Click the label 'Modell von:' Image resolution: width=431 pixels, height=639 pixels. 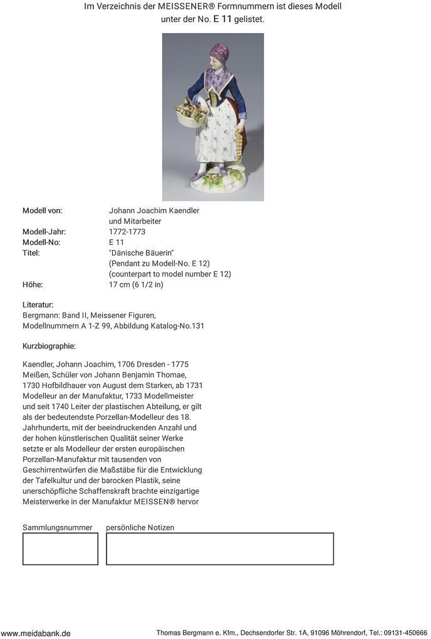(x=42, y=210)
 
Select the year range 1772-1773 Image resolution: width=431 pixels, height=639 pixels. (x=127, y=232)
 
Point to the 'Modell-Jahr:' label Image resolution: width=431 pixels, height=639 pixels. (x=44, y=232)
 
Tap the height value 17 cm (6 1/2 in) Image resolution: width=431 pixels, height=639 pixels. (x=136, y=284)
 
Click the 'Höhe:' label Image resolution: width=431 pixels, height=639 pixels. (x=33, y=284)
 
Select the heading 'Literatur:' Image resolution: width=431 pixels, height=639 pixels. (x=38, y=304)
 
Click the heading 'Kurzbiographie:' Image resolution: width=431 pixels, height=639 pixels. (x=49, y=346)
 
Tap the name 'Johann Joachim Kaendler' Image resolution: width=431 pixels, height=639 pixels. (x=154, y=210)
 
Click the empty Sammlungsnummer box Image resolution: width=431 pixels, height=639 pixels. (x=60, y=549)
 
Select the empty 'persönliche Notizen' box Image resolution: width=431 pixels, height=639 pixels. (x=219, y=549)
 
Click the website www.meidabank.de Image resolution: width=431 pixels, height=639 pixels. (x=36, y=633)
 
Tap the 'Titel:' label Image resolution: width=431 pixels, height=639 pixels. (x=31, y=253)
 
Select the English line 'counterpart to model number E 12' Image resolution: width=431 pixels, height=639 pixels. (x=170, y=274)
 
